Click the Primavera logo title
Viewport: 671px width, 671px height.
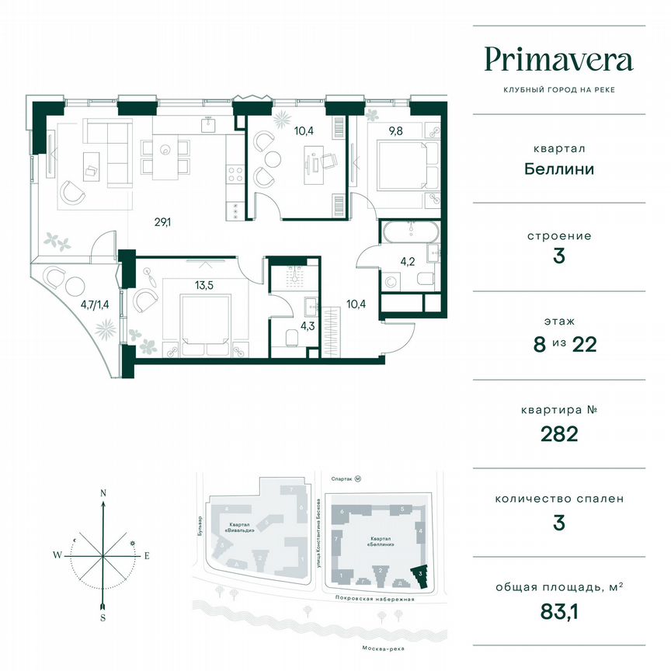558,60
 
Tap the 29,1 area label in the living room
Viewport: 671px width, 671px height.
162,223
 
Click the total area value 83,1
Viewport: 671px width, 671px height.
558,613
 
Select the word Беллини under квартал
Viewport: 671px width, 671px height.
558,168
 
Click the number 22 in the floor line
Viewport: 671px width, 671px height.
582,344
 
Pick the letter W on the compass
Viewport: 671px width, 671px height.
57,555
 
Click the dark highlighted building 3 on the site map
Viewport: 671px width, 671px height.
420,575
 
